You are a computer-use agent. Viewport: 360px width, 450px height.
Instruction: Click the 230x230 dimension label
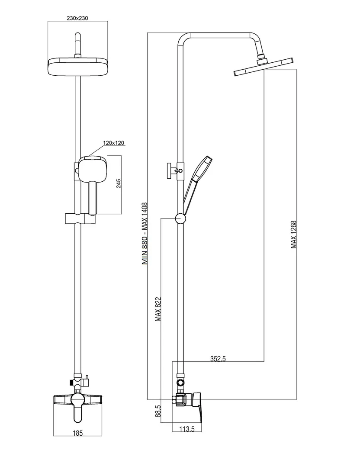tap(77, 18)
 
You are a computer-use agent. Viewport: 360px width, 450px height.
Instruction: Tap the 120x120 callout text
tap(114, 143)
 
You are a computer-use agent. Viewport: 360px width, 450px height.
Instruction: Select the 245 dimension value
tap(119, 183)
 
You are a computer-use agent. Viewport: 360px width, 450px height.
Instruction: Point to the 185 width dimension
tap(77, 433)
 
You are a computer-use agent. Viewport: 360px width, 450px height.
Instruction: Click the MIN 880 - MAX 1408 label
tap(145, 234)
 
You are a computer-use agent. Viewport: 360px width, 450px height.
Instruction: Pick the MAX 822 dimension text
tap(158, 309)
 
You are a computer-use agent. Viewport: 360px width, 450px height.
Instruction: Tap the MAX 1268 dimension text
tap(293, 235)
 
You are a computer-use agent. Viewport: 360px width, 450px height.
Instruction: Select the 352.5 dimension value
tap(218, 358)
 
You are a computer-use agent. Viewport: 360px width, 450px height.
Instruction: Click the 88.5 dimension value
tap(158, 411)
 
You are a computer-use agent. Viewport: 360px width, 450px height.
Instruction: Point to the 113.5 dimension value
tap(187, 429)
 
